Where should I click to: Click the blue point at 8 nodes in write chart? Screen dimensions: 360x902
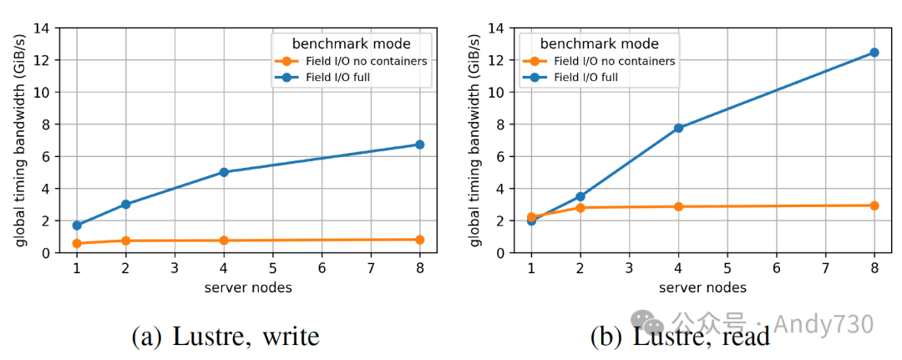(x=419, y=145)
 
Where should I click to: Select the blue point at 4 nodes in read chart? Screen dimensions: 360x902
(x=678, y=128)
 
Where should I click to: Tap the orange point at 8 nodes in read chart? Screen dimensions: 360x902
(x=874, y=205)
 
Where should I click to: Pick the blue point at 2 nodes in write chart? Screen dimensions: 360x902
(x=125, y=204)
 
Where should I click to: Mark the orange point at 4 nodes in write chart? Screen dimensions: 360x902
(x=224, y=241)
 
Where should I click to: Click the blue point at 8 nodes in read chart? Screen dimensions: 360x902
(x=874, y=53)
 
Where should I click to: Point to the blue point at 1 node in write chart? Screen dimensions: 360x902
(x=77, y=225)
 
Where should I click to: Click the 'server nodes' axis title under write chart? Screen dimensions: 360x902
(x=248, y=287)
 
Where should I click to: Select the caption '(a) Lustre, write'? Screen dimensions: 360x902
(x=225, y=336)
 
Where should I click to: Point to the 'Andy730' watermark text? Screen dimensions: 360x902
(x=823, y=323)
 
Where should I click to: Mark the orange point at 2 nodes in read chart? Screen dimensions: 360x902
(x=580, y=207)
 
